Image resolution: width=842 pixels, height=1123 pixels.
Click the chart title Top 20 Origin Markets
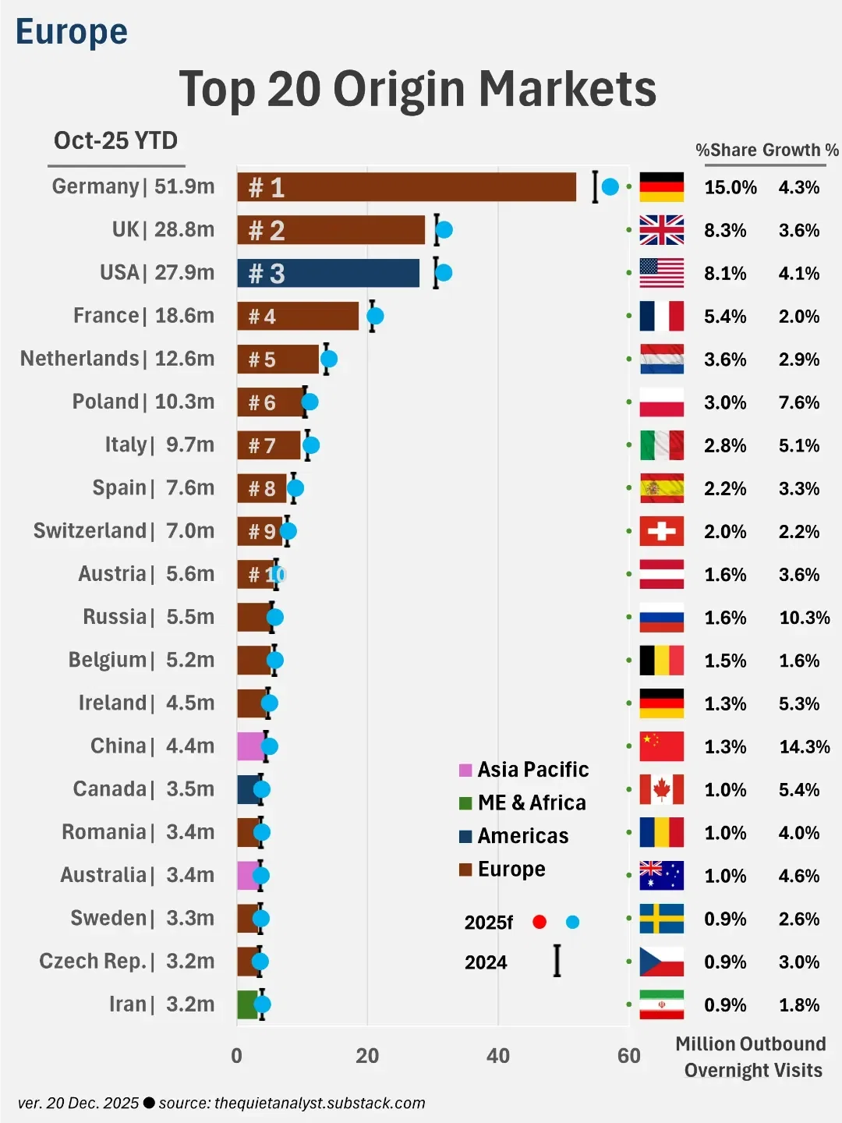point(418,88)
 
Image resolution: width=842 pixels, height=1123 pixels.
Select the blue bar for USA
point(328,273)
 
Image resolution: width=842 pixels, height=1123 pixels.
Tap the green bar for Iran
point(247,1004)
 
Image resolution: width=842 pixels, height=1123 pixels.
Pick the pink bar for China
point(250,746)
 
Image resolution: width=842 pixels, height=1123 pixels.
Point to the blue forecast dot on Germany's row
point(610,187)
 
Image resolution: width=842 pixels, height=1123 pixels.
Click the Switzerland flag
point(661,531)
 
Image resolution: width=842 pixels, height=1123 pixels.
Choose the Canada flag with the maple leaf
point(661,789)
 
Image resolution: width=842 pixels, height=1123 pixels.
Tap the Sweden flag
point(661,919)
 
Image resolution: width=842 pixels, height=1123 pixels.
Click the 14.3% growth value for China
point(805,747)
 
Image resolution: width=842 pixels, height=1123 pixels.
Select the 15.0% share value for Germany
point(730,188)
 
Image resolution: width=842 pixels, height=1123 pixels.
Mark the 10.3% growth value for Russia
point(805,618)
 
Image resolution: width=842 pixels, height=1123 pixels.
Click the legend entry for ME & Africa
point(522,802)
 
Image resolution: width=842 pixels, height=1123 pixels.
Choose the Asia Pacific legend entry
point(524,770)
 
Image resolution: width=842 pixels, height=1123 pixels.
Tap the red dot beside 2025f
point(540,922)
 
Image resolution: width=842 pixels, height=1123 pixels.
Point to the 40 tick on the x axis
point(498,1056)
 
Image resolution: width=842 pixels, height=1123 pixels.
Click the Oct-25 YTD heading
point(116,140)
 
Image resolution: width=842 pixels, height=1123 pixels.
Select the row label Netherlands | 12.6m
point(117,359)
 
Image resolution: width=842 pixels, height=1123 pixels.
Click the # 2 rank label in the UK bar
point(267,231)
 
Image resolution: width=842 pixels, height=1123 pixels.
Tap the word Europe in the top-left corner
point(72,32)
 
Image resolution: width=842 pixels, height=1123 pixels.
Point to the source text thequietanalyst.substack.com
point(320,1103)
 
